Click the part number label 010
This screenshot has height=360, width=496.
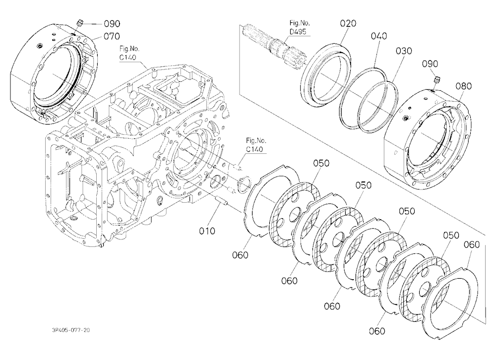pos(207,231)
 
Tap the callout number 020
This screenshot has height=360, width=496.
pos(348,23)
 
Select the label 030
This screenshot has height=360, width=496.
pos(404,51)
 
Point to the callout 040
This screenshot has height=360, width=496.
pos(378,36)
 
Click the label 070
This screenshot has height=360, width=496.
pos(112,36)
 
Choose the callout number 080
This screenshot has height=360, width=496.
pos(463,86)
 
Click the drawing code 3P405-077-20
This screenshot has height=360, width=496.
pos(71,330)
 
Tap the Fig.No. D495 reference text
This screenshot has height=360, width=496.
pos(299,27)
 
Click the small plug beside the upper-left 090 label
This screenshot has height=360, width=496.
pos(80,23)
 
